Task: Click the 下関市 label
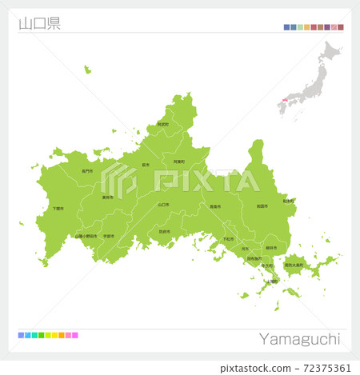point(58,209)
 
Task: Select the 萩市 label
point(146,165)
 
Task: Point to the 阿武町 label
point(162,124)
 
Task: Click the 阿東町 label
point(179,162)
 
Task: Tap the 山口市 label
point(163,204)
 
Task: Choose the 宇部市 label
point(109,236)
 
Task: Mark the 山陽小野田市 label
point(86,236)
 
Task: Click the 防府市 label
point(164,232)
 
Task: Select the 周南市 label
point(214,206)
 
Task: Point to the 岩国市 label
point(262,205)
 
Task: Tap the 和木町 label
point(287,201)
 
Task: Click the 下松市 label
point(229,238)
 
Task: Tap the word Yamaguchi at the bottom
point(300,338)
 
